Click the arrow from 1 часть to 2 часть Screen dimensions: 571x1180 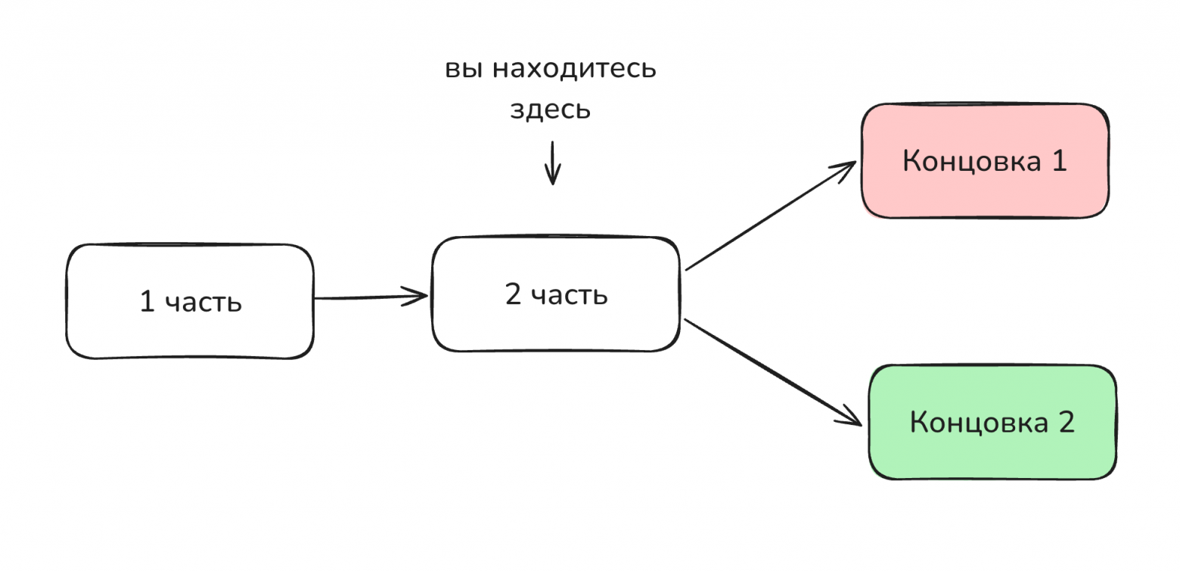(371, 296)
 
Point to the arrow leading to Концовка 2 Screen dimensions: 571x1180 (772, 371)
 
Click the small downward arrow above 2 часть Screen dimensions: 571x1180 (553, 163)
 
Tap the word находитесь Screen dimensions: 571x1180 (574, 70)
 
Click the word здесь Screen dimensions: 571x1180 (550, 110)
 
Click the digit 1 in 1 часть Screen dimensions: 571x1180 (147, 302)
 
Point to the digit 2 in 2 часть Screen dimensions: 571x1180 (513, 295)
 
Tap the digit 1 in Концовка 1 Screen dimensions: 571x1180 (1057, 161)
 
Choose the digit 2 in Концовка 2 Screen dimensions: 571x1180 (1065, 422)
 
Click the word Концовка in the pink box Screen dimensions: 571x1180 (971, 161)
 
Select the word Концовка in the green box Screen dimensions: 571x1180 (978, 422)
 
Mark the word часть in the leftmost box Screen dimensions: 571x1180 (203, 303)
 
